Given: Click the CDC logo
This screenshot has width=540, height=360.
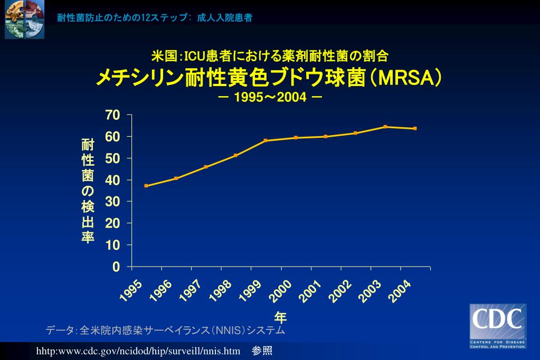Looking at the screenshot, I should [x=498, y=326].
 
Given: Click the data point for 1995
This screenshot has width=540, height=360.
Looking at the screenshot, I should [x=146, y=186].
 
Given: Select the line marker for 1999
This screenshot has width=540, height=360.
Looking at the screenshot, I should [x=266, y=140].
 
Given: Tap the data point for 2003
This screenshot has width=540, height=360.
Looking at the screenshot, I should [x=385, y=127].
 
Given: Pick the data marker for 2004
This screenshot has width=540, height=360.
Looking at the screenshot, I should [x=415, y=128].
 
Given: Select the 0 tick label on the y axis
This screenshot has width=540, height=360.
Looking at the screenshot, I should [x=117, y=267].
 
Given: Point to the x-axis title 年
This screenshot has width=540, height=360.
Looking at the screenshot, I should [x=280, y=317].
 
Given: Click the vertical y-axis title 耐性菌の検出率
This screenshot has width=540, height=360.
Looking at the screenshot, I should [x=88, y=191].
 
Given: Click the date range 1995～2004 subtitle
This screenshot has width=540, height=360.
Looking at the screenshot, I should [x=270, y=98].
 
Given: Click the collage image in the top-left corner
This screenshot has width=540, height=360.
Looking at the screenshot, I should [x=25, y=20].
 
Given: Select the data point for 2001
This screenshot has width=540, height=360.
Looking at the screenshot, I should [x=326, y=136].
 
